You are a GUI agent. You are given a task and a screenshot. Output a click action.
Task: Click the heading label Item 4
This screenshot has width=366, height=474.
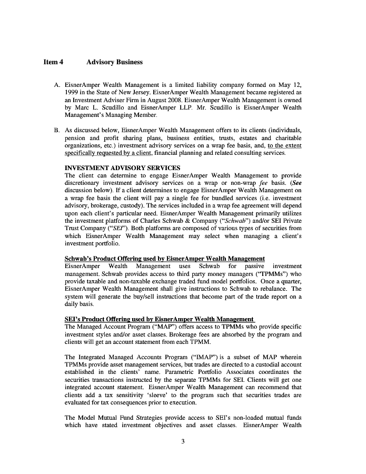(53, 62)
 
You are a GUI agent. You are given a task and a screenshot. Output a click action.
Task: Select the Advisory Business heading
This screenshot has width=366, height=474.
(114, 62)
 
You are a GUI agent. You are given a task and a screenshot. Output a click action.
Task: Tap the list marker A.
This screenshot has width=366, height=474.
(56, 85)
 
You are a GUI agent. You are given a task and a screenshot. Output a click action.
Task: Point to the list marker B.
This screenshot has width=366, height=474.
(56, 130)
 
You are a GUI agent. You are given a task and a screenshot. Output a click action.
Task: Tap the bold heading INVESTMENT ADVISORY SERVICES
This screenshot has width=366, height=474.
(122, 168)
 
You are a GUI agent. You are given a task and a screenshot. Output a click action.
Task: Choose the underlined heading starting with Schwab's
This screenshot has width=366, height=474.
(164, 259)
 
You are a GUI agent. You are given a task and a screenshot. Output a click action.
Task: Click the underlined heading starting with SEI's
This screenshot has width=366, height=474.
(159, 319)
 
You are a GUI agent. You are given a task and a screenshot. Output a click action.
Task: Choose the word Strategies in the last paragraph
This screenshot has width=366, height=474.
(137, 418)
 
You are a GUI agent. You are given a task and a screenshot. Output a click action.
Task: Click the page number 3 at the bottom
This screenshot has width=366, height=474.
(183, 441)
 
